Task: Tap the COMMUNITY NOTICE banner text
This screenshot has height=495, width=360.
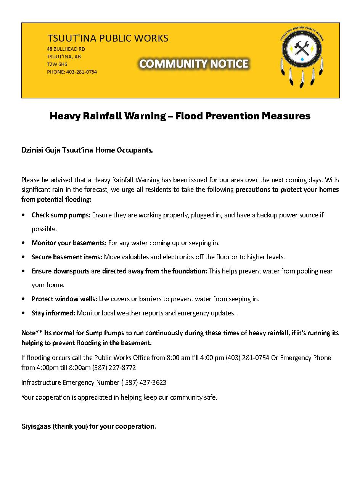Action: [194, 64]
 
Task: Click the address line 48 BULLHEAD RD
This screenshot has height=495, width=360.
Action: [66, 49]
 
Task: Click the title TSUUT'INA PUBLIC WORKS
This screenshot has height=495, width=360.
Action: [108, 38]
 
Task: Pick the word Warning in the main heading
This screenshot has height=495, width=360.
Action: [145, 116]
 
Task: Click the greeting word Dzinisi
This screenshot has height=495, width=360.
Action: [32, 150]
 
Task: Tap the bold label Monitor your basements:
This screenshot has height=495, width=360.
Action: [69, 243]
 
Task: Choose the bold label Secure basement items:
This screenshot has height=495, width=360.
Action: [67, 257]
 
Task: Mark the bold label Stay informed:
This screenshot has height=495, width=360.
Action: [53, 313]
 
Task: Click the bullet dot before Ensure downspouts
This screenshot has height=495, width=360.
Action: [24, 271]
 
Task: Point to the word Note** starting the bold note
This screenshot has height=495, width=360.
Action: [32, 333]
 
